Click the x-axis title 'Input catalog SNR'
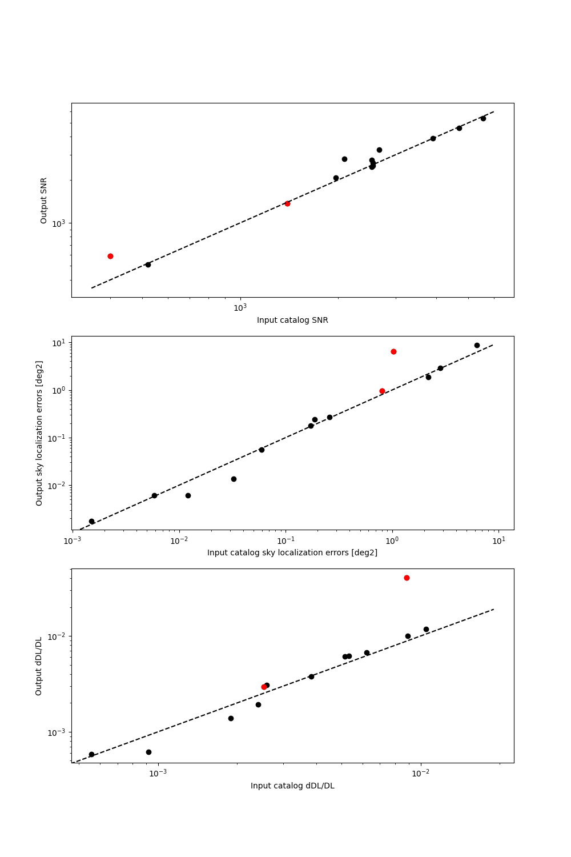292,320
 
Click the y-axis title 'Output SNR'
44,200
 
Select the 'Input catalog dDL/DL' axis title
292,786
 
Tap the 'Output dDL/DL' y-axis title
39,666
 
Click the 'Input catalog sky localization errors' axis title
292,552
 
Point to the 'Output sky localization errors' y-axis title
39,432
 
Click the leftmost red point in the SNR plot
110,256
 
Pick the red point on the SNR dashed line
287,203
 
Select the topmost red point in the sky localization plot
393,351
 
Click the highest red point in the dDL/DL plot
407,578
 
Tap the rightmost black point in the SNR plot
483,118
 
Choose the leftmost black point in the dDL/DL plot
91,754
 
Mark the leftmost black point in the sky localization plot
91,521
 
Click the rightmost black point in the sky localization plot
477,345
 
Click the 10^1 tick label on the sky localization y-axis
59,342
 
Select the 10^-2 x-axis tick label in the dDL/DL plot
420,773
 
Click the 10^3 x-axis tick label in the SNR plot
239,307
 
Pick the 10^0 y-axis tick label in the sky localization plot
59,390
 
